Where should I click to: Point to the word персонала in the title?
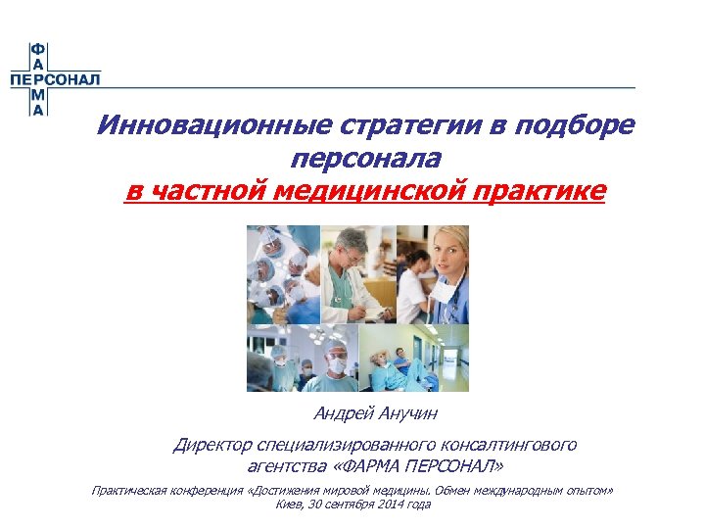(x=365, y=158)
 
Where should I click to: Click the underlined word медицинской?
(x=383, y=190)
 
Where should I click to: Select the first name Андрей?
(x=343, y=414)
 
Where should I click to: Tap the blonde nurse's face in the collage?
(x=445, y=253)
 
